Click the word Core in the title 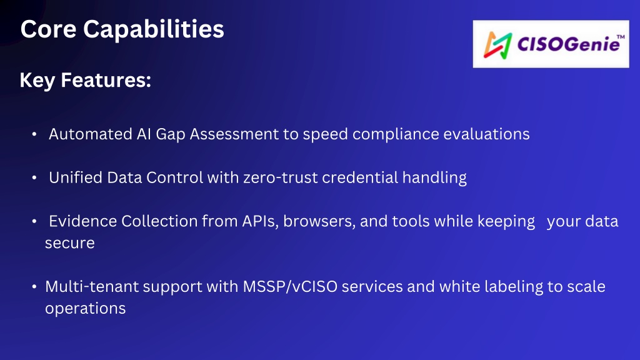pos(48,29)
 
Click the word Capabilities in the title pos(154,30)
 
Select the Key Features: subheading pos(85,81)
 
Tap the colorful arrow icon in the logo pos(497,45)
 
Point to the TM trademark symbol pos(621,37)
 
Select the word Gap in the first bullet pos(170,135)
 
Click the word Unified pos(76,177)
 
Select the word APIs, pos(261,222)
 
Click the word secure pos(70,244)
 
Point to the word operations pos(85,309)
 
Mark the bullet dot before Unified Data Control pos(34,178)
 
